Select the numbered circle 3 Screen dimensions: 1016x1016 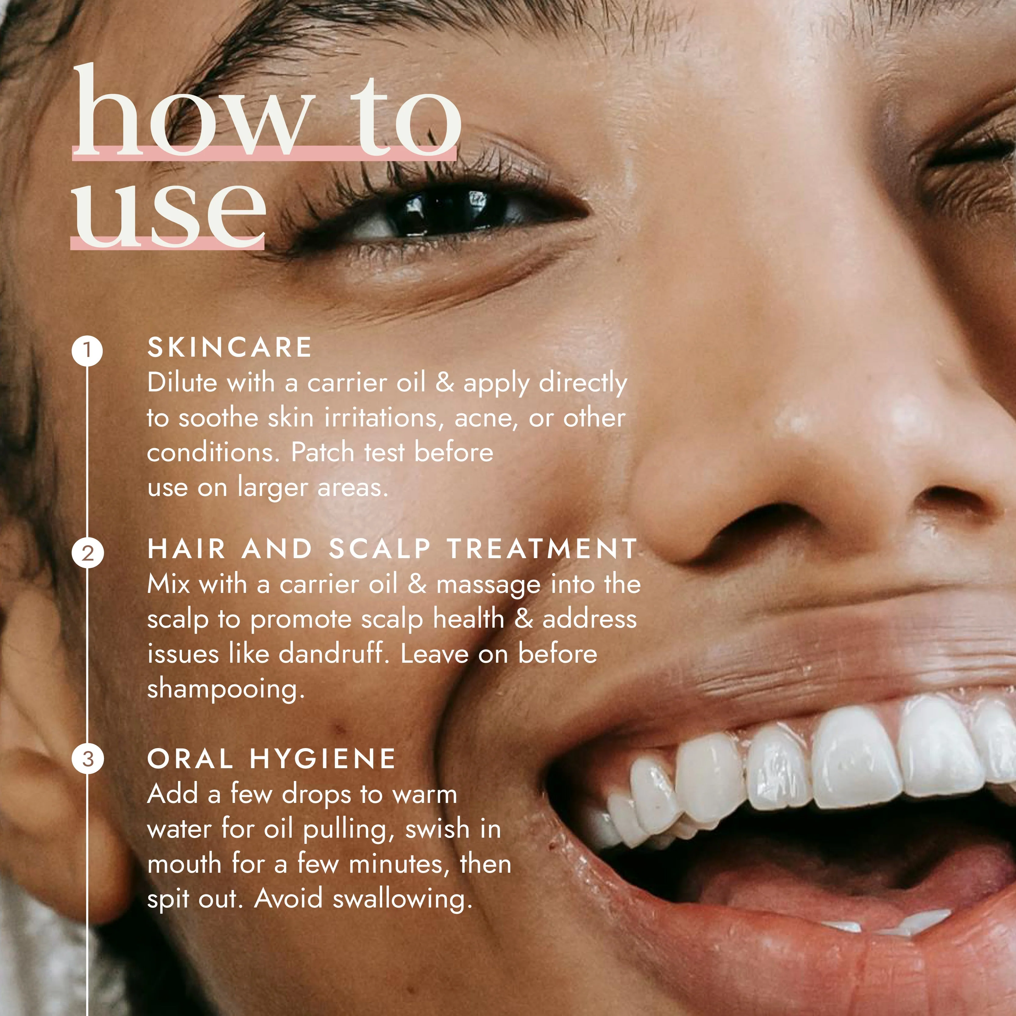pos(87,759)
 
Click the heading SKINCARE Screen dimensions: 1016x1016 pos(230,348)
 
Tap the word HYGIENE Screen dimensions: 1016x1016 pos(323,759)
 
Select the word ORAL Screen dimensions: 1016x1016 pos(190,759)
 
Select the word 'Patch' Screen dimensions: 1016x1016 pos(323,452)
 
